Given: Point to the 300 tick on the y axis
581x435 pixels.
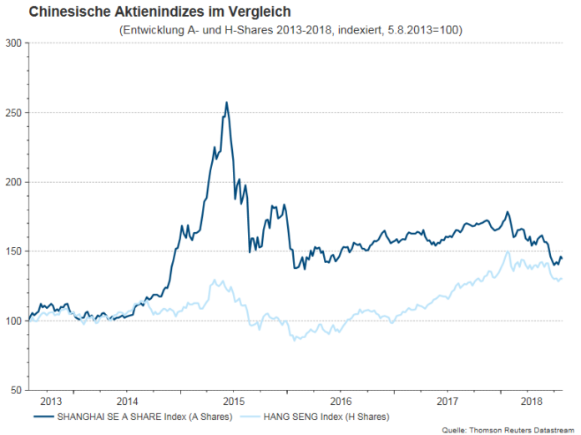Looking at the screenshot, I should point(13,43).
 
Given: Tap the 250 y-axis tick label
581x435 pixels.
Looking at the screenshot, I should point(13,112).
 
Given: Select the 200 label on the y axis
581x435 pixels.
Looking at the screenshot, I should point(13,182).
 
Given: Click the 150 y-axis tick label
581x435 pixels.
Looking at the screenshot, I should point(13,251).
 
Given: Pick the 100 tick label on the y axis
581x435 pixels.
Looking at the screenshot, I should point(13,321).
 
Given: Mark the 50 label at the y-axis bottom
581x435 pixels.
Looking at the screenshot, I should point(15,391).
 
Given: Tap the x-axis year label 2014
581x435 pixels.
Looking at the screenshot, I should point(127,400).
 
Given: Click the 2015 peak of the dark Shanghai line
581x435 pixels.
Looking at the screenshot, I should point(226,103).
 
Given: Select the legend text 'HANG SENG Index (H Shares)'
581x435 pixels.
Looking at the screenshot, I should point(328,415).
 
